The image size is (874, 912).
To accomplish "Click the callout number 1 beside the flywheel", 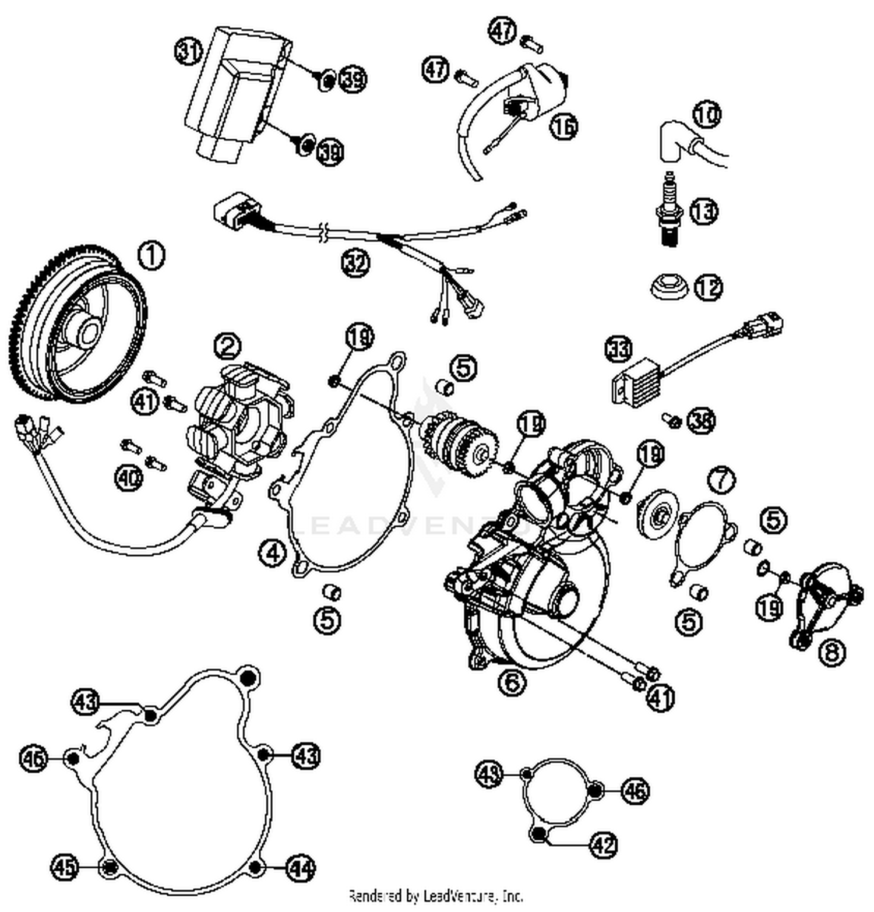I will pos(151,256).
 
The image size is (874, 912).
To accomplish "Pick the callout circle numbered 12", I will pos(709,288).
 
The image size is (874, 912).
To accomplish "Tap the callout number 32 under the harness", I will pos(355,263).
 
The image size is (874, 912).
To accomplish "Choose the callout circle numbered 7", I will pos(721,480).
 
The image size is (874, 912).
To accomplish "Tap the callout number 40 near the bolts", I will pos(129,478).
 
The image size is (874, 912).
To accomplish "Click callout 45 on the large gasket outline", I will pos(65,867).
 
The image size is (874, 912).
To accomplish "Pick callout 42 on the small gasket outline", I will pos(604,844).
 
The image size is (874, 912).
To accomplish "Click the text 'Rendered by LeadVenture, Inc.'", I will pos(436,896).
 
